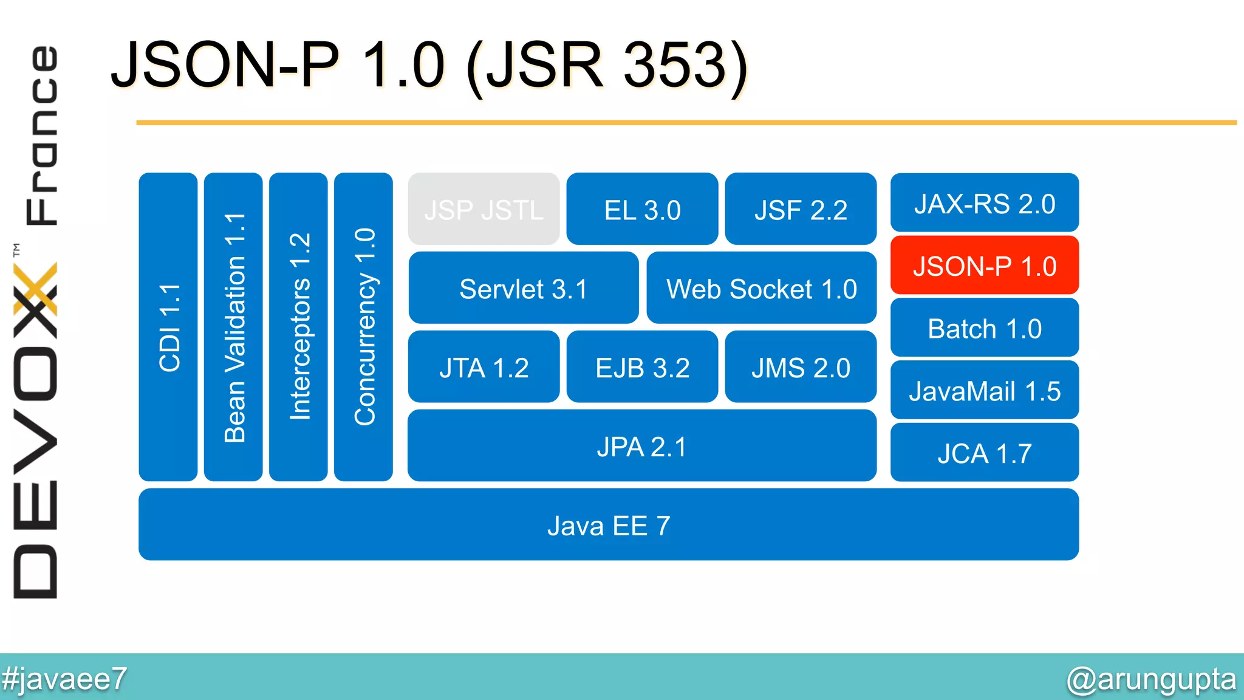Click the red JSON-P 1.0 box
pyautogui.click(x=984, y=266)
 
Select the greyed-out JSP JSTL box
pyautogui.click(x=484, y=209)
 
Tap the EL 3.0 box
pyautogui.click(x=642, y=209)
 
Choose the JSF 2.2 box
pyautogui.click(x=801, y=209)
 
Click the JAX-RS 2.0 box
pyautogui.click(x=984, y=203)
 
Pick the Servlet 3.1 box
pyautogui.click(x=523, y=288)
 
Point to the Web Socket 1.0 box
pyautogui.click(x=761, y=288)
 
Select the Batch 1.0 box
pyautogui.click(x=984, y=328)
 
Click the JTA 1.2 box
pyautogui.click(x=484, y=367)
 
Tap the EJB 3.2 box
pyautogui.click(x=642, y=367)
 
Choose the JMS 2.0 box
pyautogui.click(x=801, y=367)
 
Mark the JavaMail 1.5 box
pyautogui.click(x=984, y=391)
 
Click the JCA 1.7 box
pyautogui.click(x=984, y=453)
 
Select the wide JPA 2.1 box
pyautogui.click(x=641, y=446)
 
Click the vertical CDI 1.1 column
pyautogui.click(x=168, y=327)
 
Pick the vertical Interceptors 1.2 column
pyautogui.click(x=298, y=327)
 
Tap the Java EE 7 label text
pyautogui.click(x=609, y=526)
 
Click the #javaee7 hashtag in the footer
pyautogui.click(x=64, y=679)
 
